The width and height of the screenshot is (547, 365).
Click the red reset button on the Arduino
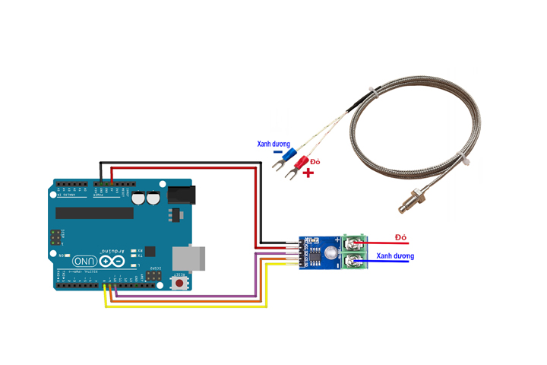(180, 284)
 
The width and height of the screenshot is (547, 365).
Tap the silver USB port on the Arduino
(190, 258)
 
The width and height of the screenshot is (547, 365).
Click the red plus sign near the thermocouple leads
(308, 174)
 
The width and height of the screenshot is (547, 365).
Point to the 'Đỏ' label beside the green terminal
(402, 237)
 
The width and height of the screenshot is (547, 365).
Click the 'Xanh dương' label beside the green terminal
(395, 256)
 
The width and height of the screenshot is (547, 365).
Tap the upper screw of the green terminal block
(354, 244)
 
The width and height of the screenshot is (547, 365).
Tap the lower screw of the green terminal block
(354, 262)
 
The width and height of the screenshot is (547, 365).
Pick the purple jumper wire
(190, 295)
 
